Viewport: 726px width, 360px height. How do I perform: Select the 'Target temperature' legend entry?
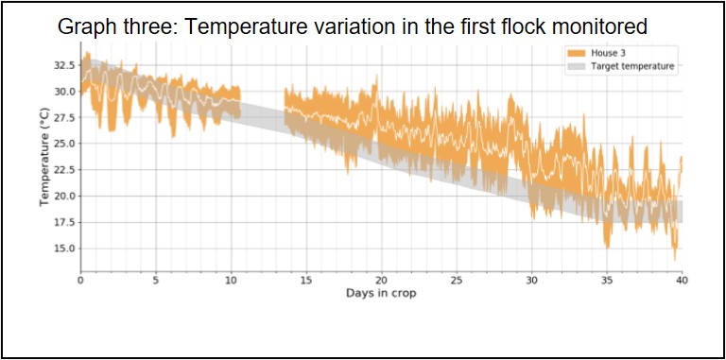click(x=634, y=67)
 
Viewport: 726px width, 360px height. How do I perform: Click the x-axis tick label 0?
click(x=81, y=280)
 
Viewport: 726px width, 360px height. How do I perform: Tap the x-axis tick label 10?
click(x=231, y=280)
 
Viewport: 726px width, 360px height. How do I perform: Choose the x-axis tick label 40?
click(x=681, y=280)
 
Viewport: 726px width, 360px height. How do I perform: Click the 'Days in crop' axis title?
click(x=381, y=293)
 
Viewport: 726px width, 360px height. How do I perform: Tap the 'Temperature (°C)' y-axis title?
click(x=43, y=157)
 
